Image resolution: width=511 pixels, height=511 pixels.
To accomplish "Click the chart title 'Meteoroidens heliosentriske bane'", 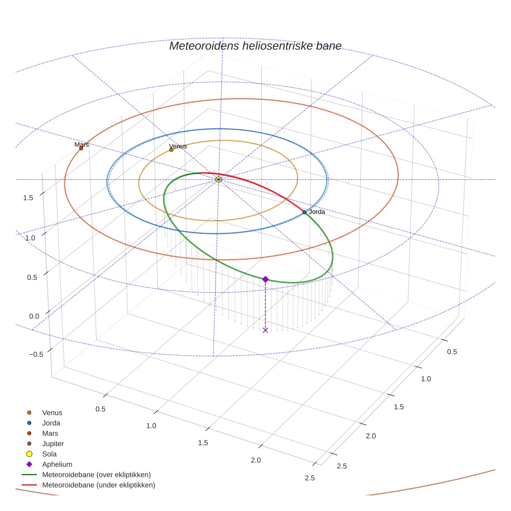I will (255, 46).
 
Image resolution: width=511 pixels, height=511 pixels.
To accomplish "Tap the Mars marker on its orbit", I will (81, 149).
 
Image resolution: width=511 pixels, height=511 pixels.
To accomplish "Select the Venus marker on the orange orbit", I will (171, 150).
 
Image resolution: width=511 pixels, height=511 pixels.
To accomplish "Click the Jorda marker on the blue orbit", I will (304, 212).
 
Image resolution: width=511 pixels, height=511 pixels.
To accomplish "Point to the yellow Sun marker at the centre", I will (219, 179).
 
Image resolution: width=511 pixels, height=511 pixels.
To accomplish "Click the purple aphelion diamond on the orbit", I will (265, 279).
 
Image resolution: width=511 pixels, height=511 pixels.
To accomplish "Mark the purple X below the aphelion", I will (265, 330).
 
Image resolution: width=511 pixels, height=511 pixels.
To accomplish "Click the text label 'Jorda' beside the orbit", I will (317, 212).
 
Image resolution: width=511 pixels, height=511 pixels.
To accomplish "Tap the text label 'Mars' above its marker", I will (82, 144).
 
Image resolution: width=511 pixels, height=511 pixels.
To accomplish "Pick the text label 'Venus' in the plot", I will (178, 146).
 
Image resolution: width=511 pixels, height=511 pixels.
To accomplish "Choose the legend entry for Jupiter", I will (53, 444).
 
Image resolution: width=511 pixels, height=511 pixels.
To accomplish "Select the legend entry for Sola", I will (49, 454).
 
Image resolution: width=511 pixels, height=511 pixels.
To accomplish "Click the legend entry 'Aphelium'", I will (57, 465).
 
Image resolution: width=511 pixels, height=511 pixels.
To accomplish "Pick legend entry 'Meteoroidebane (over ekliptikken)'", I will (97, 475).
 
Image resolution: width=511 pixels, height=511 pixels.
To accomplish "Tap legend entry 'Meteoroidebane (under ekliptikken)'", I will (99, 485).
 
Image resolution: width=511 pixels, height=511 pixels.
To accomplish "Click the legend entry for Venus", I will (52, 413).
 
